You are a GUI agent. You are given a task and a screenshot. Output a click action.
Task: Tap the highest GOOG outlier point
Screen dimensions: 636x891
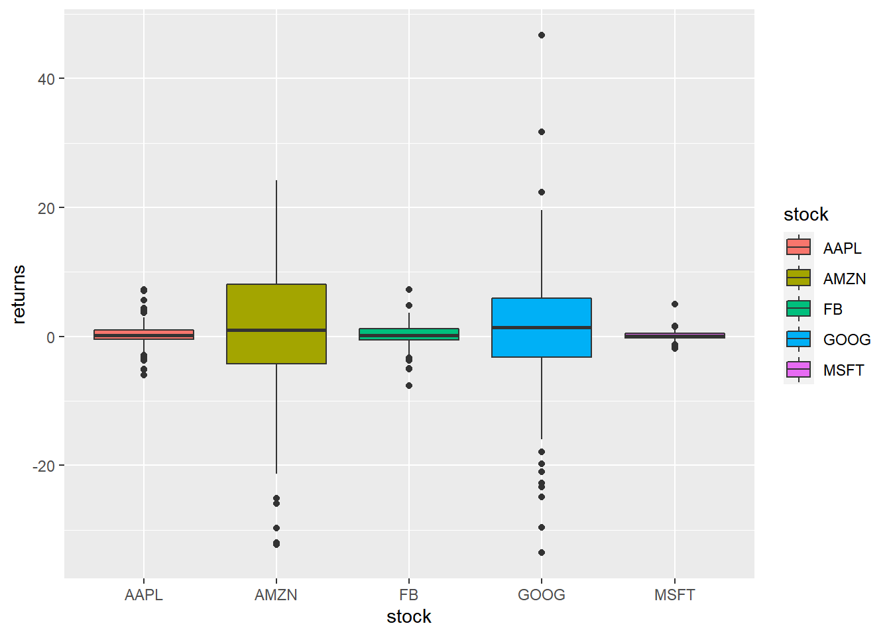(542, 35)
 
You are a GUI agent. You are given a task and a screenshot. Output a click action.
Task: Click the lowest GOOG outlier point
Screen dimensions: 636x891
(542, 553)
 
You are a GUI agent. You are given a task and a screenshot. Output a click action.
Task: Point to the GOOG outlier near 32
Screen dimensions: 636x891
(542, 132)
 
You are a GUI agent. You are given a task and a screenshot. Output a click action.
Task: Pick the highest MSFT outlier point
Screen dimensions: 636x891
(675, 304)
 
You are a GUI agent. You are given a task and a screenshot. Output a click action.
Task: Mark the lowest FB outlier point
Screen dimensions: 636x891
(409, 386)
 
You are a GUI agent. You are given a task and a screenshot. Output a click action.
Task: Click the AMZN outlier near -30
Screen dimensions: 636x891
(276, 528)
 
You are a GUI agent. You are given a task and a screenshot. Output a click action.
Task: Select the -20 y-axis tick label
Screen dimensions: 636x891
(44, 466)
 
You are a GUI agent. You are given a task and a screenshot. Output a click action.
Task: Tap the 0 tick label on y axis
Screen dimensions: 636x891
(51, 337)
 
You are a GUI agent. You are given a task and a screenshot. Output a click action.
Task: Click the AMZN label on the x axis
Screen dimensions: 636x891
(276, 595)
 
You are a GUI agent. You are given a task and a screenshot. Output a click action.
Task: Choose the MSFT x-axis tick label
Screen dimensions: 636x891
(674, 595)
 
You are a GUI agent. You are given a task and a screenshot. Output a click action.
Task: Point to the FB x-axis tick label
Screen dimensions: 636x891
(409, 595)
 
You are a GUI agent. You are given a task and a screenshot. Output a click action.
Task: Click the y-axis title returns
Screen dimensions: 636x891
(19, 294)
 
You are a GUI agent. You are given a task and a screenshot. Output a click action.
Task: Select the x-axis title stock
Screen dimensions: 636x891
(409, 617)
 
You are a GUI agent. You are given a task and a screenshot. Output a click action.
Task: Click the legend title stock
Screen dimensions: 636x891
(805, 215)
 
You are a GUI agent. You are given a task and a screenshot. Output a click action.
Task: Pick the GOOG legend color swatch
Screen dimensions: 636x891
(799, 339)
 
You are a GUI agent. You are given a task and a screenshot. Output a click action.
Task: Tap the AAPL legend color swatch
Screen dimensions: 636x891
(799, 248)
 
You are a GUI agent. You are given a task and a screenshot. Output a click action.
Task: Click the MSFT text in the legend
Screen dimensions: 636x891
(843, 370)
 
